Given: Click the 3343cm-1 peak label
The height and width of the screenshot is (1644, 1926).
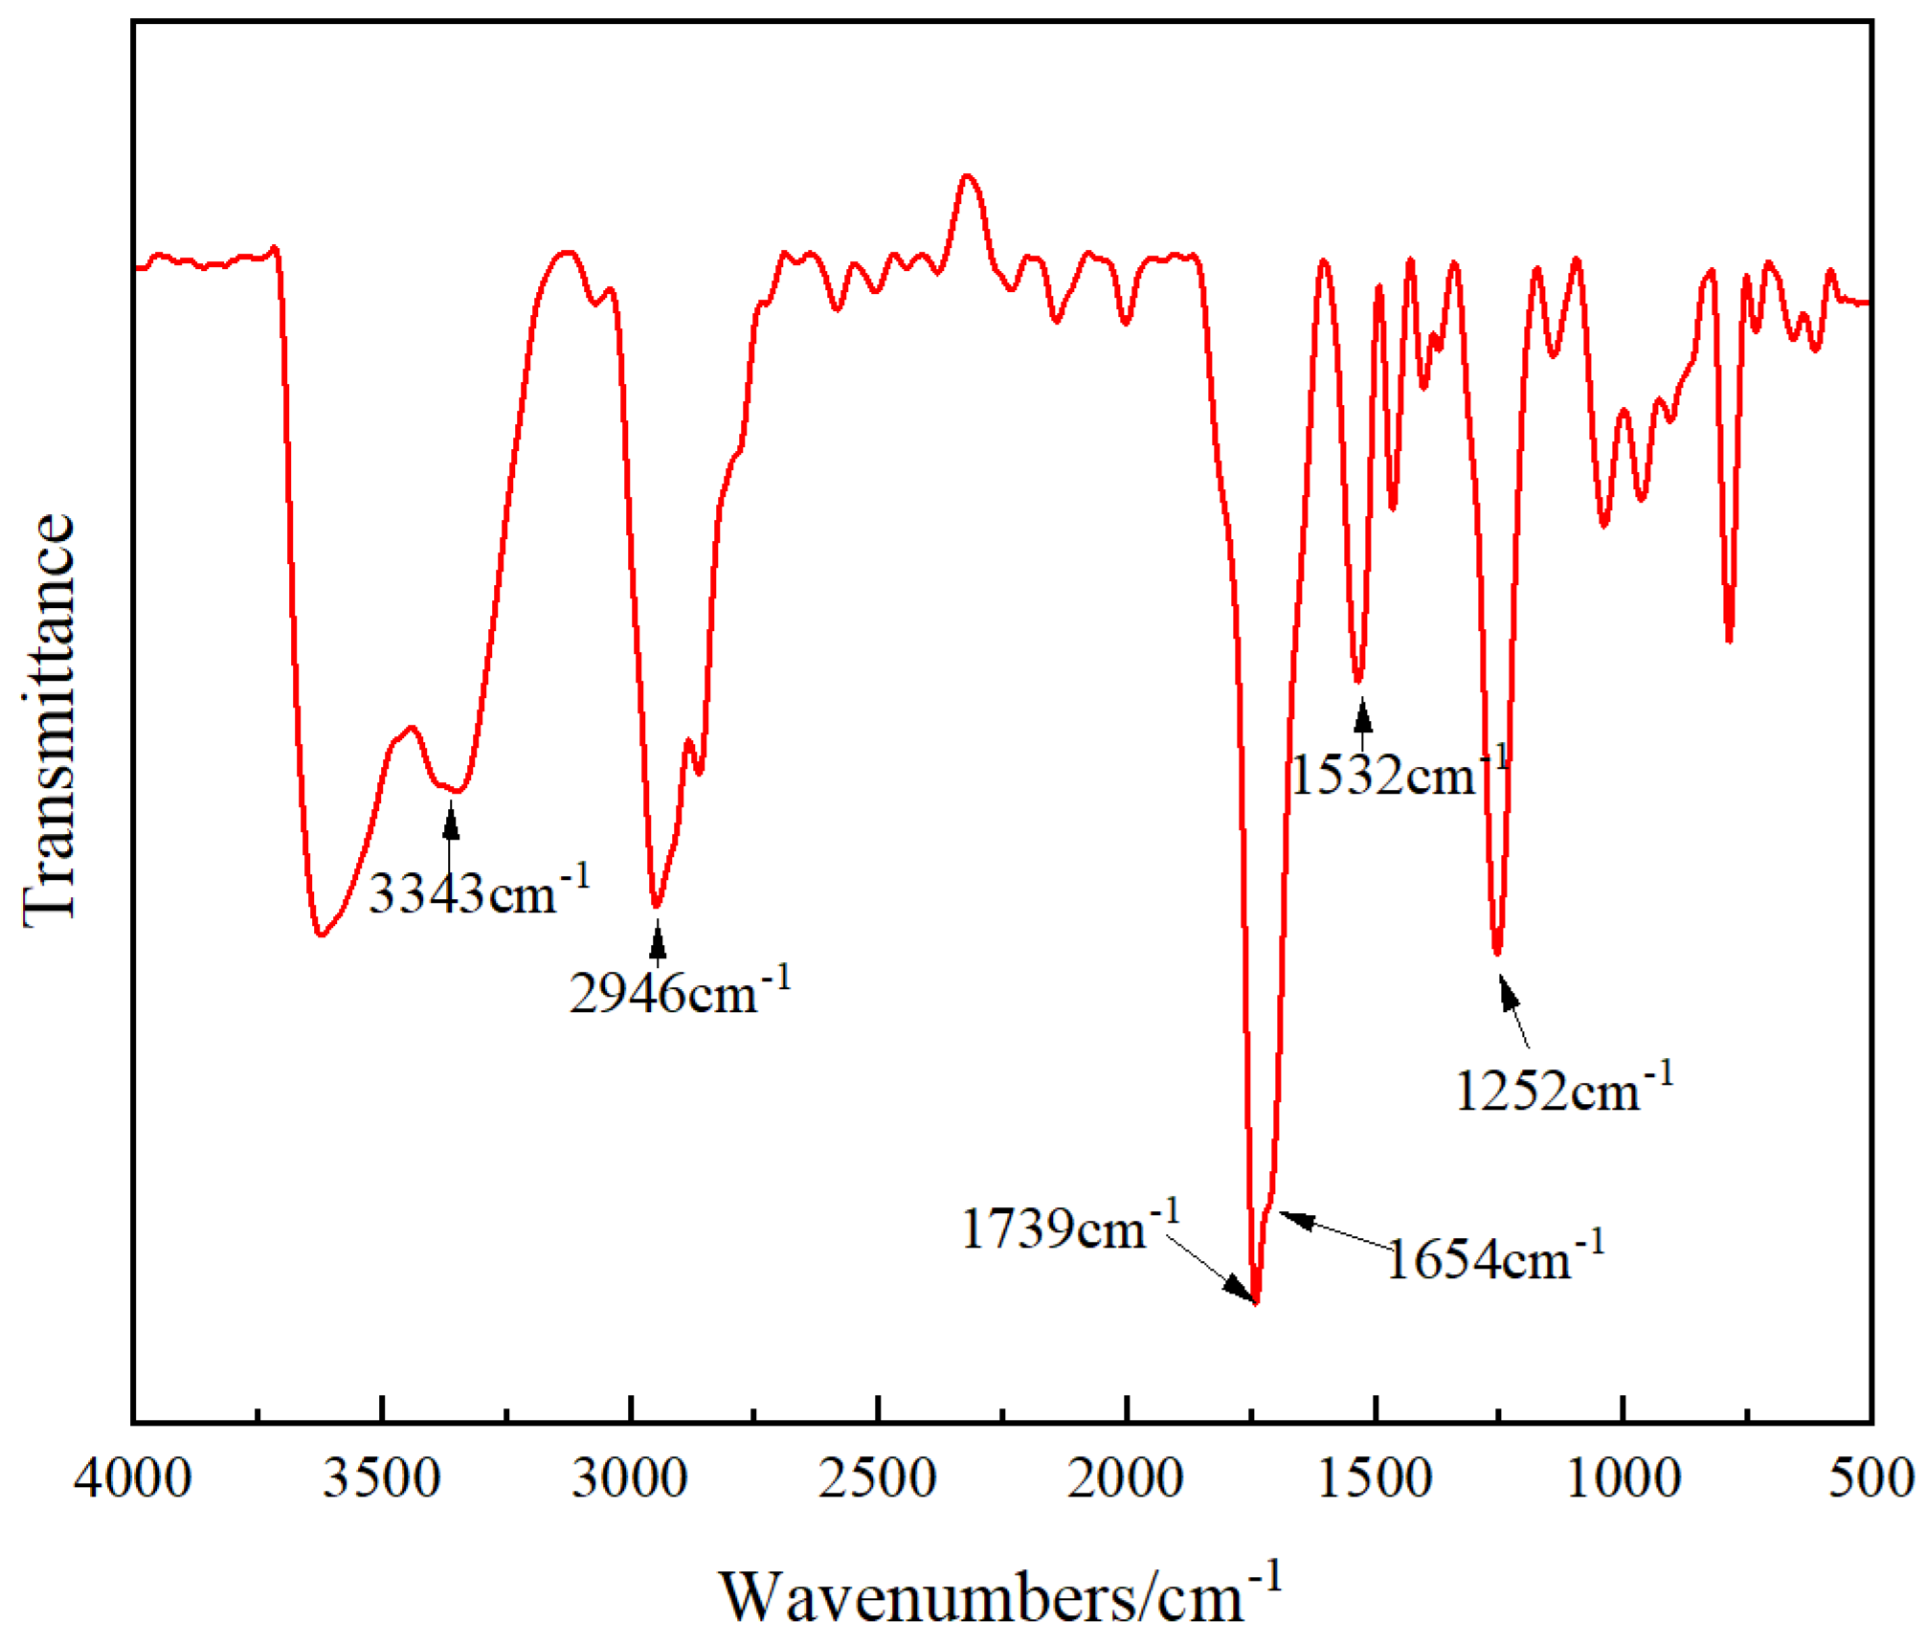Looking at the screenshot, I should coord(479,893).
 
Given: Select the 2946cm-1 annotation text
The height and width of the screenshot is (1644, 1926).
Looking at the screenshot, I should coord(679,993).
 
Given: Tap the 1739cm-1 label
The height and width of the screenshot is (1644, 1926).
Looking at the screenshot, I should coord(1069,1228).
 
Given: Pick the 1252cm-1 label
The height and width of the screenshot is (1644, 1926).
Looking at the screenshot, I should coord(1563,1090).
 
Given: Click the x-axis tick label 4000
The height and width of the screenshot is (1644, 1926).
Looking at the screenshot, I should coord(133,1478).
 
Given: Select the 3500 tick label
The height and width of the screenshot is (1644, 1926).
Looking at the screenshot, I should coord(381,1478).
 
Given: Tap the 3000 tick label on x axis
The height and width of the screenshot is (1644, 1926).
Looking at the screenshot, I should coord(630,1478).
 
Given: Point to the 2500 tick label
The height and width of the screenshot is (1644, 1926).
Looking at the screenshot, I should coord(878,1478).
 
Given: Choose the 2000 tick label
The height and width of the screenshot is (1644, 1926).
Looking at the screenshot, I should coord(1127,1478).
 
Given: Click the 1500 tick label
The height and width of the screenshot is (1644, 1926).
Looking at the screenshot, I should coord(1375,1478).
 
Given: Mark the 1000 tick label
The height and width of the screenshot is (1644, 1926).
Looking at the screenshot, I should coord(1624,1478).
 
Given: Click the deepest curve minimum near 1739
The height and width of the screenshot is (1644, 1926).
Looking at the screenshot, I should coord(1256,1302).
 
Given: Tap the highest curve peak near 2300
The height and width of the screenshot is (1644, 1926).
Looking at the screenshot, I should coord(967,176).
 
